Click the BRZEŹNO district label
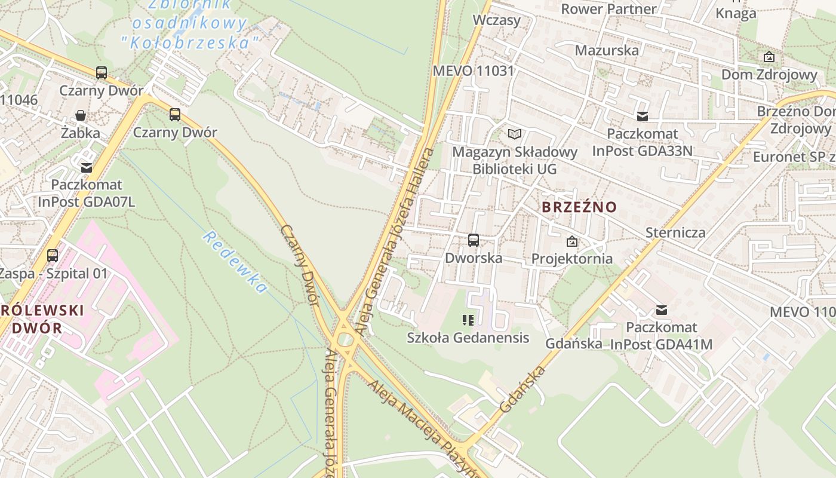click(579, 207)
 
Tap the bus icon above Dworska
click(474, 240)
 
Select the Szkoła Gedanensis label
click(468, 338)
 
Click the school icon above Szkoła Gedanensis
click(468, 320)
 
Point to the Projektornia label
click(571, 259)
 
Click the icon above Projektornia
click(572, 241)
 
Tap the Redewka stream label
click(235, 262)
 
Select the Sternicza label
click(675, 232)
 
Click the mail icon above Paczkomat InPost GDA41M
click(661, 310)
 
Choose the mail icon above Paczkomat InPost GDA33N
click(643, 117)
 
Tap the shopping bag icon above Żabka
click(81, 115)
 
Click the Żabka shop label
click(81, 133)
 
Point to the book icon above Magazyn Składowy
click(515, 134)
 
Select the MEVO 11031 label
click(473, 71)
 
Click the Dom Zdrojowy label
click(769, 75)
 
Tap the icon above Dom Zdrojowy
click(769, 57)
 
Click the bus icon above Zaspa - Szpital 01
click(53, 256)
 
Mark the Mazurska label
click(607, 50)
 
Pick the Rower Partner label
click(608, 9)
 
